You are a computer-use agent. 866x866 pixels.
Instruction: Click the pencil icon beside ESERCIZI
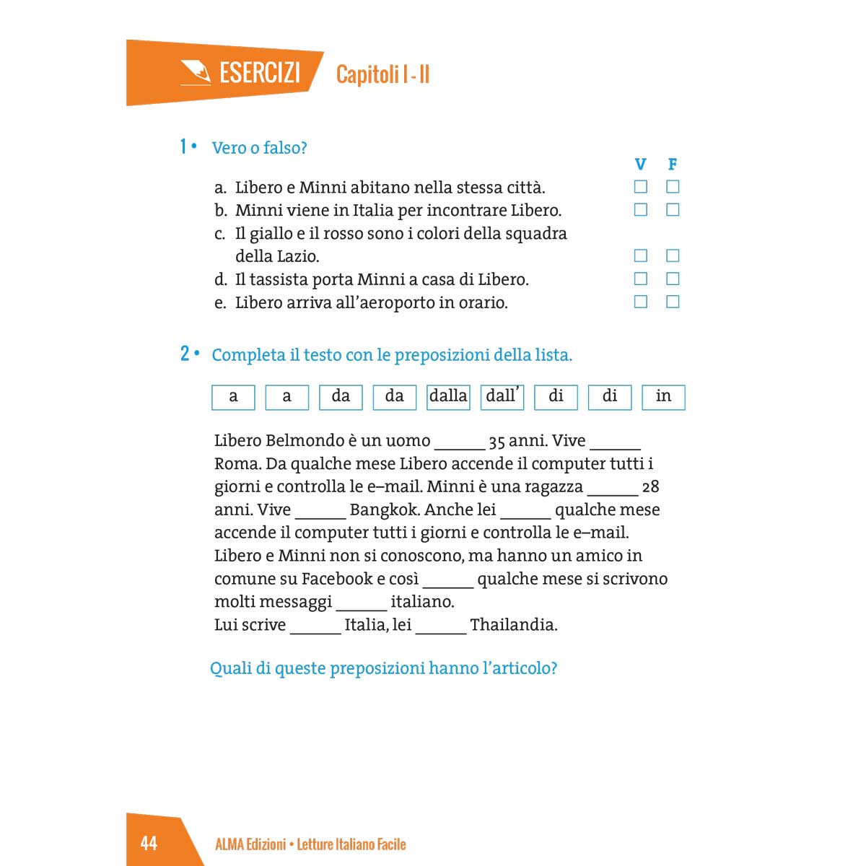tap(195, 73)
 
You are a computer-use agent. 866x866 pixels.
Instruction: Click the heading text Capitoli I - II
tap(382, 74)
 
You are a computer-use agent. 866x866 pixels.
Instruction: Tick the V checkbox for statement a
tap(640, 187)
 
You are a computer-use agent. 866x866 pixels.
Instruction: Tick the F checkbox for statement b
tap(673, 210)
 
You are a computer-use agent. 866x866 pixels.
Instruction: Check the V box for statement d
tap(640, 279)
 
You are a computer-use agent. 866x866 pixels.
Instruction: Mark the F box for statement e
tap(673, 302)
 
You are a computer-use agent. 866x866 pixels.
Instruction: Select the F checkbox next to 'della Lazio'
tap(673, 255)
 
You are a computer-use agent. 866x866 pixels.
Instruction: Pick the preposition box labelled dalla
tap(448, 396)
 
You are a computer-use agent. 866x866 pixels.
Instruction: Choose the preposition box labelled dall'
tap(502, 396)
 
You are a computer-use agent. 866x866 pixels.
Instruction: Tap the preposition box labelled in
tap(663, 396)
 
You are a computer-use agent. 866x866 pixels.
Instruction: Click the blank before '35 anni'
tap(459, 442)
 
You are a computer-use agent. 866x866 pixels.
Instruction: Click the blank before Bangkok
tap(320, 512)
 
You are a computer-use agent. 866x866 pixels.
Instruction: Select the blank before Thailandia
tap(441, 626)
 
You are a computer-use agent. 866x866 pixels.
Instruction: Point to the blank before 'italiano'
tap(361, 603)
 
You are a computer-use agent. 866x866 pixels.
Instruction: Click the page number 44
tap(149, 843)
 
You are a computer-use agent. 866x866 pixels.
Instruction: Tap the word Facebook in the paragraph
tap(337, 579)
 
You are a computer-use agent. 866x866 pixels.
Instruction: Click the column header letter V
tap(640, 165)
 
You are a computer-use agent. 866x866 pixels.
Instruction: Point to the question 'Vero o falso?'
tap(259, 148)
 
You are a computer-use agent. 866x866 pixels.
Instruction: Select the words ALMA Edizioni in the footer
tap(250, 844)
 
